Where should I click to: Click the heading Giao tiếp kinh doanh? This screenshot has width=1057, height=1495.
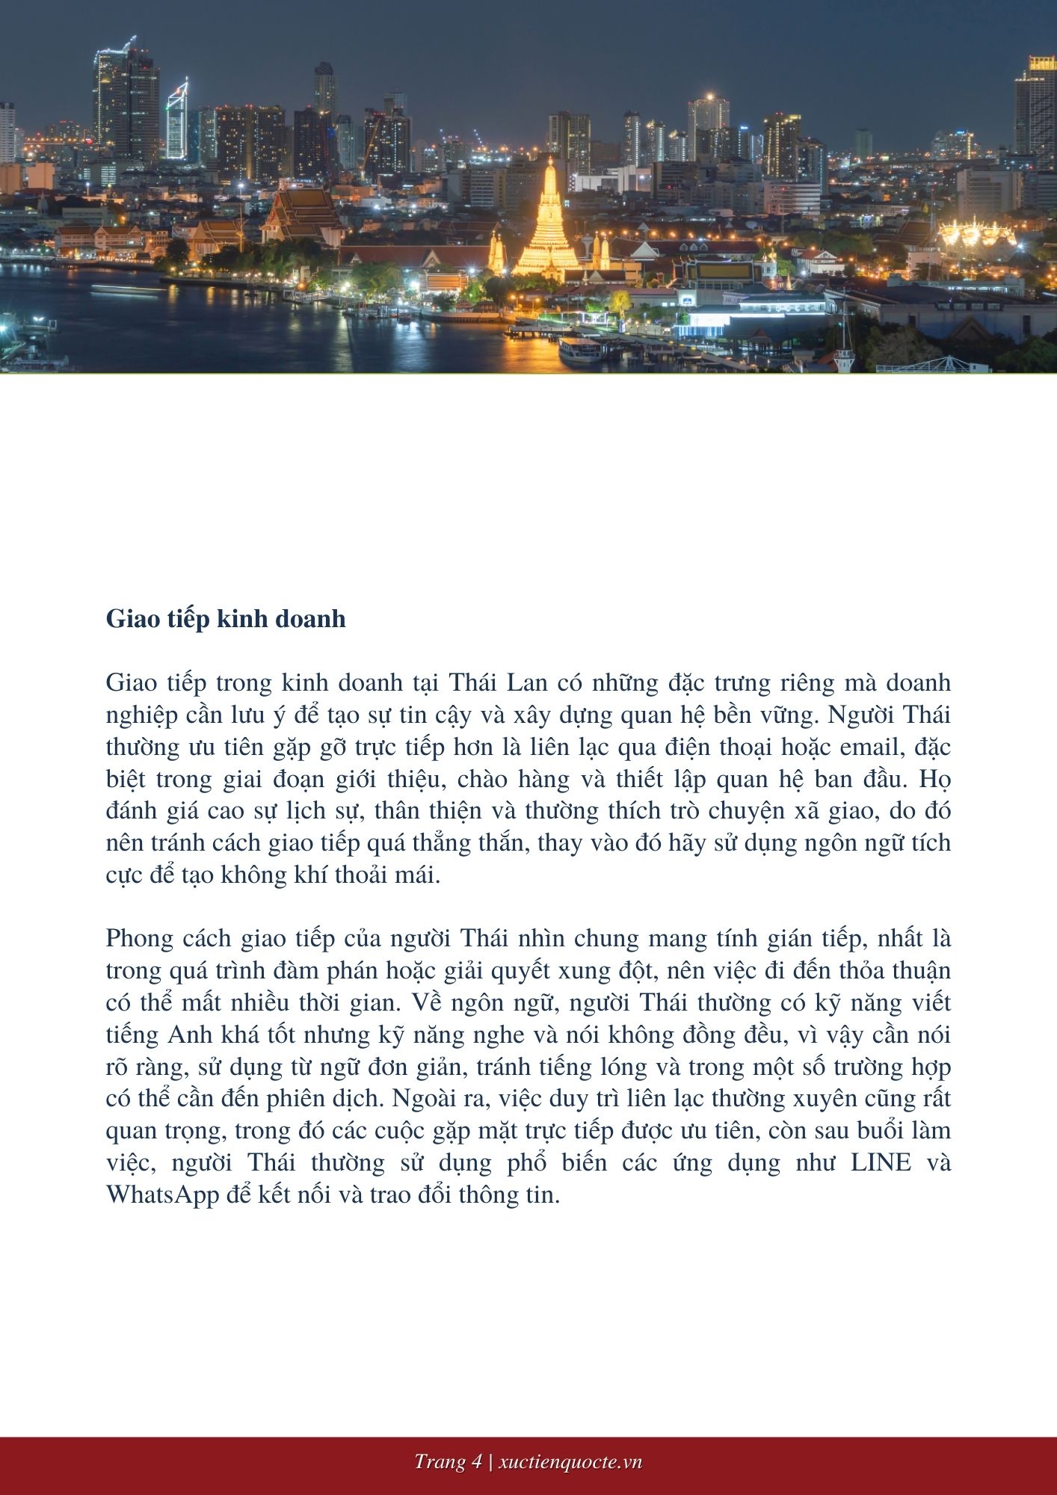point(226,619)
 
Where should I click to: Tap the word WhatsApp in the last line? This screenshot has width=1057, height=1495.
point(162,1195)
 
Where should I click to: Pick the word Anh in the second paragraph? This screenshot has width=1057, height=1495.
point(189,1035)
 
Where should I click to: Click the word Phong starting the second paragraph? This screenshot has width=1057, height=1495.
point(142,939)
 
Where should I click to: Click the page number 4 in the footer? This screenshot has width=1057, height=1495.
point(476,1462)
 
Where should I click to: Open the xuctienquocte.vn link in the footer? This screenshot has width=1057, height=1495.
point(570,1462)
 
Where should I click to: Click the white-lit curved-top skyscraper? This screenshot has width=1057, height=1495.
point(178,120)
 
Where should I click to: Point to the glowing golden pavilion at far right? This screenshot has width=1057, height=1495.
point(977,232)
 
